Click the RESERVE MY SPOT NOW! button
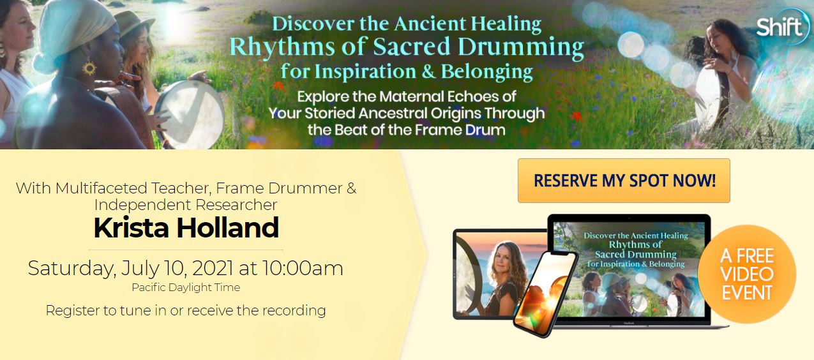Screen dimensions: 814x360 (x=624, y=181)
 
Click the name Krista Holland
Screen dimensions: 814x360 (x=186, y=228)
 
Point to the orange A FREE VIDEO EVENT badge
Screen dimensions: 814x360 (x=747, y=274)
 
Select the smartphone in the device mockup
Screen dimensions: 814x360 (x=545, y=294)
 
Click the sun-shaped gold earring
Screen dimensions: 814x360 (x=89, y=68)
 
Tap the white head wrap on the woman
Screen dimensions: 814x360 (x=75, y=31)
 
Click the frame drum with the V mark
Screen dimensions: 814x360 (x=190, y=114)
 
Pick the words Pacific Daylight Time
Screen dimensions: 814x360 (x=186, y=287)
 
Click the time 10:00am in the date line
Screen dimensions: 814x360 (x=303, y=269)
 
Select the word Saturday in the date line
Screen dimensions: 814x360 (x=72, y=269)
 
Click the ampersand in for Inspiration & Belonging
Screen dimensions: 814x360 (x=428, y=71)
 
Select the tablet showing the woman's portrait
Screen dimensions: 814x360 (x=500, y=274)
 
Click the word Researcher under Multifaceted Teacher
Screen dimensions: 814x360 (x=236, y=206)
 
